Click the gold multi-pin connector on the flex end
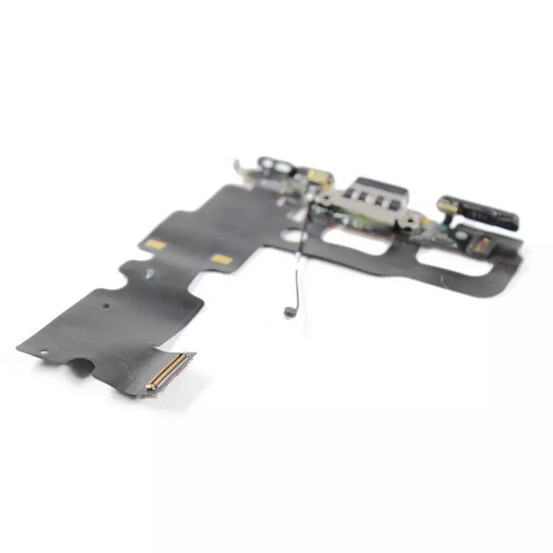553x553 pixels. pos(167,371)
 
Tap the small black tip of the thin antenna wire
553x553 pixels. pos(286,312)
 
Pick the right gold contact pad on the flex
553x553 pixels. pos(221,259)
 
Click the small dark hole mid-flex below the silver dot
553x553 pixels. pos(105,305)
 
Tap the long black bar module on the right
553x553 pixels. pos(478,213)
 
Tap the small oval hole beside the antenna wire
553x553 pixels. pos(299,236)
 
